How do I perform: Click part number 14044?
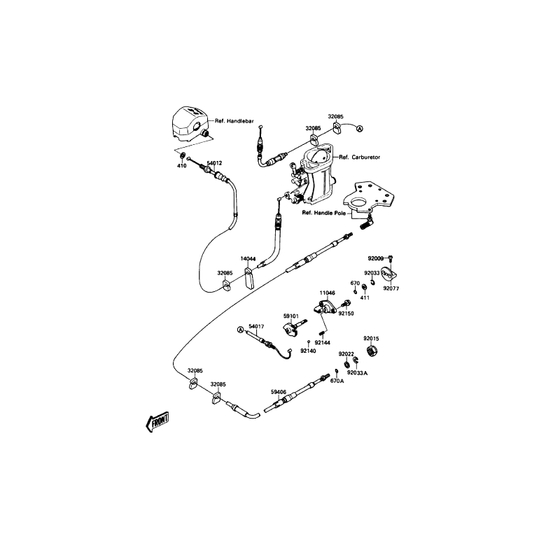pos(248,260)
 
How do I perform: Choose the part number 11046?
pos(328,293)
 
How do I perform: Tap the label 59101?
pos(291,316)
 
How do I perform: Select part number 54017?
pos(257,327)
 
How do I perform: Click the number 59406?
pos(279,392)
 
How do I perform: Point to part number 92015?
pos(371,339)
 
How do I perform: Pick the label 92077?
pos(391,288)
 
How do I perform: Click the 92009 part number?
pos(376,258)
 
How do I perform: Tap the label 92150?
pos(346,314)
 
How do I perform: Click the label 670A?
pos(337,381)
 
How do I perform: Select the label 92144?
pos(322,343)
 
